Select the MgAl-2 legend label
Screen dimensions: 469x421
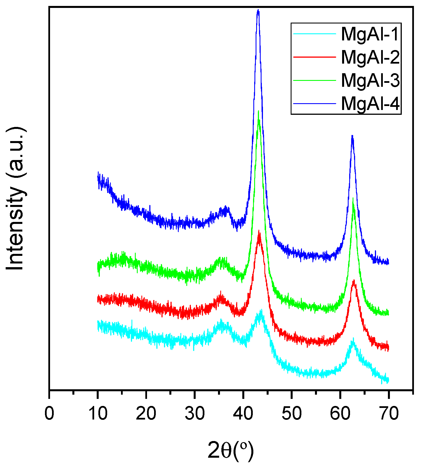[370, 57]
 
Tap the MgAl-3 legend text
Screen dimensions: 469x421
[370, 80]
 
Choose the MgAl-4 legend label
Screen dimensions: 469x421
[370, 103]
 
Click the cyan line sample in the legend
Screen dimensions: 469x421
[315, 34]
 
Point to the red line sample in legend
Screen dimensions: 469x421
[315, 57]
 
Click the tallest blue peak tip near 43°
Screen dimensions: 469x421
[258, 10]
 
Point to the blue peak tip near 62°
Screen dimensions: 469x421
[352, 136]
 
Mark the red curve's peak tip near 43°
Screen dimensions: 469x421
[259, 231]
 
